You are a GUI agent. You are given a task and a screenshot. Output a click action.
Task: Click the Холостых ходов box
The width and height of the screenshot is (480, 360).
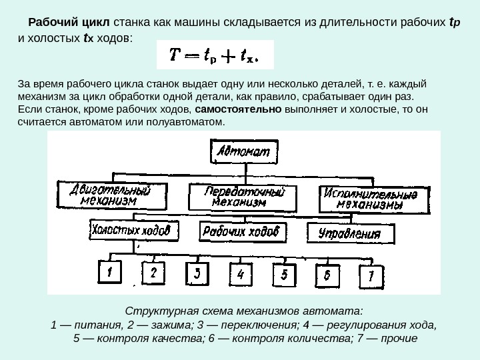[x=134, y=231]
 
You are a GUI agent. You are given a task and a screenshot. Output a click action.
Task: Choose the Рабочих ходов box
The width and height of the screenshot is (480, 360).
[x=243, y=232]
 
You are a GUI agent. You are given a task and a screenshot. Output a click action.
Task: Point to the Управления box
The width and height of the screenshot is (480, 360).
[x=349, y=233]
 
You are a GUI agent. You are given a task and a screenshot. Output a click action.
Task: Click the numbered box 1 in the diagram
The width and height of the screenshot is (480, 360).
[x=111, y=273]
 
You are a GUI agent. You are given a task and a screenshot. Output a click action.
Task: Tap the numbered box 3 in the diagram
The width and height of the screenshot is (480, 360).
[x=197, y=273]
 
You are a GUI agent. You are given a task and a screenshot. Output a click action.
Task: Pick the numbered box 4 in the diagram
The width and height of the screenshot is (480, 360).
[x=241, y=273]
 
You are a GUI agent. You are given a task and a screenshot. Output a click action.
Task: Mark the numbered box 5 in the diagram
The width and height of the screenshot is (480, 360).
[x=284, y=274]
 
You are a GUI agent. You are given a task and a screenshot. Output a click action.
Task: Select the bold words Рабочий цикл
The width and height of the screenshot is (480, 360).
[x=65, y=23]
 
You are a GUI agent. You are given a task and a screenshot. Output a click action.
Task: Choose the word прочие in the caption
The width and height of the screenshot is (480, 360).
[x=397, y=339]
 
